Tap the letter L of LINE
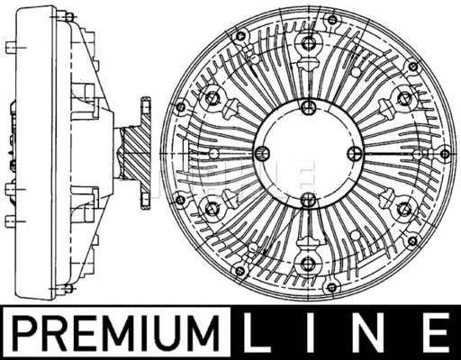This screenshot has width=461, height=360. [x=256, y=332]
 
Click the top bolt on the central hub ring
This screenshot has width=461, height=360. [x=308, y=107]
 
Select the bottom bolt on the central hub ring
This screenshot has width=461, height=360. [x=308, y=200]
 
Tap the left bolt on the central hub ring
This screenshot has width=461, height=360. [x=262, y=154]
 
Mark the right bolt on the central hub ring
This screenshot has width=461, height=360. [x=355, y=154]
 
